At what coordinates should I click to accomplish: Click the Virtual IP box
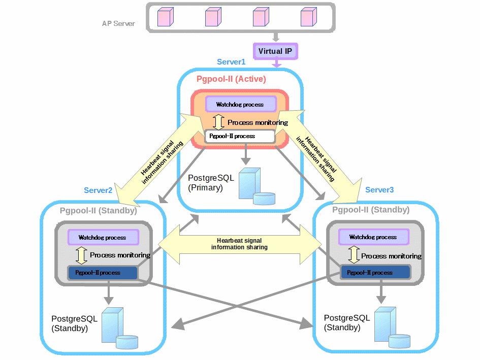click(275, 51)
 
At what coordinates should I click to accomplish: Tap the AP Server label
click(118, 23)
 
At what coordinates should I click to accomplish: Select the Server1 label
click(231, 62)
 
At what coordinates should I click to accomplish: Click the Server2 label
click(98, 190)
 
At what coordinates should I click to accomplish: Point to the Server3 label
click(379, 190)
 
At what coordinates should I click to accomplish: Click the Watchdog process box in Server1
click(240, 105)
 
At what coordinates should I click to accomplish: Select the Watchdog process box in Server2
click(103, 237)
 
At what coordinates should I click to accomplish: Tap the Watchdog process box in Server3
click(373, 237)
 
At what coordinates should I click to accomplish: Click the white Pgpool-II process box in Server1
click(239, 136)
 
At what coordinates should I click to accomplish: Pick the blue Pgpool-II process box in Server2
click(103, 273)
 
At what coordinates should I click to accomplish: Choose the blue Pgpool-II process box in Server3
click(375, 273)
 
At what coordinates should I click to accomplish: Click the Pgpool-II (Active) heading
click(231, 79)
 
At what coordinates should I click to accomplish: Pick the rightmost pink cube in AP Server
click(308, 17)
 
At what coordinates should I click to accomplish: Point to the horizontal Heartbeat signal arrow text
click(239, 244)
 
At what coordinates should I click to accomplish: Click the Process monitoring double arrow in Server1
click(218, 122)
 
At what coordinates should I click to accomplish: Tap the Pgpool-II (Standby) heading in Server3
click(371, 210)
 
